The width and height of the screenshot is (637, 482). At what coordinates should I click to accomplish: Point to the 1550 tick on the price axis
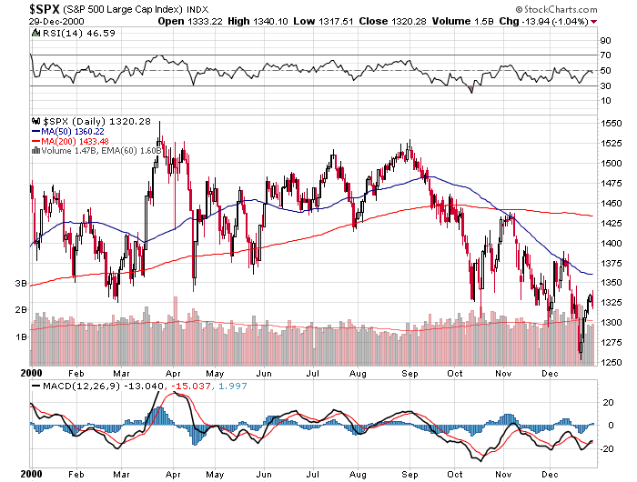611,123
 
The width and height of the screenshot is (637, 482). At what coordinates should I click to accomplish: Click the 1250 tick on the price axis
611,362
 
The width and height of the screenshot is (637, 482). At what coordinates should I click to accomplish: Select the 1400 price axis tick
611,243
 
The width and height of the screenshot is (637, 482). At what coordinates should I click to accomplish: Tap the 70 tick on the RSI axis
604,55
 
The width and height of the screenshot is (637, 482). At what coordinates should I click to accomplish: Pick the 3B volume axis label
18,284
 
